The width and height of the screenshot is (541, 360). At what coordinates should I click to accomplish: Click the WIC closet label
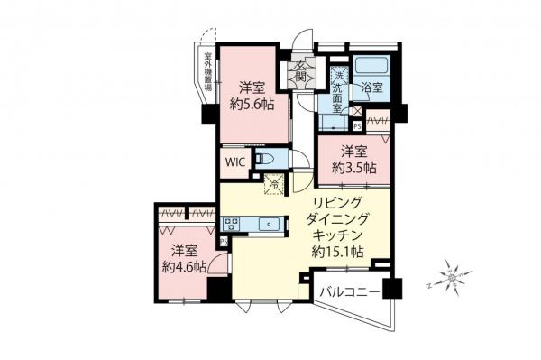tap(234, 162)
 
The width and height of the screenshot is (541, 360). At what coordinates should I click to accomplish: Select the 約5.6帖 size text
tap(251, 105)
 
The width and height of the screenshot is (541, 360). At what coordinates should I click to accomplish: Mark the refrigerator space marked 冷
tap(271, 184)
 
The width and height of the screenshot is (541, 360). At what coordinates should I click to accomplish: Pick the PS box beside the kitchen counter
tap(225, 243)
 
